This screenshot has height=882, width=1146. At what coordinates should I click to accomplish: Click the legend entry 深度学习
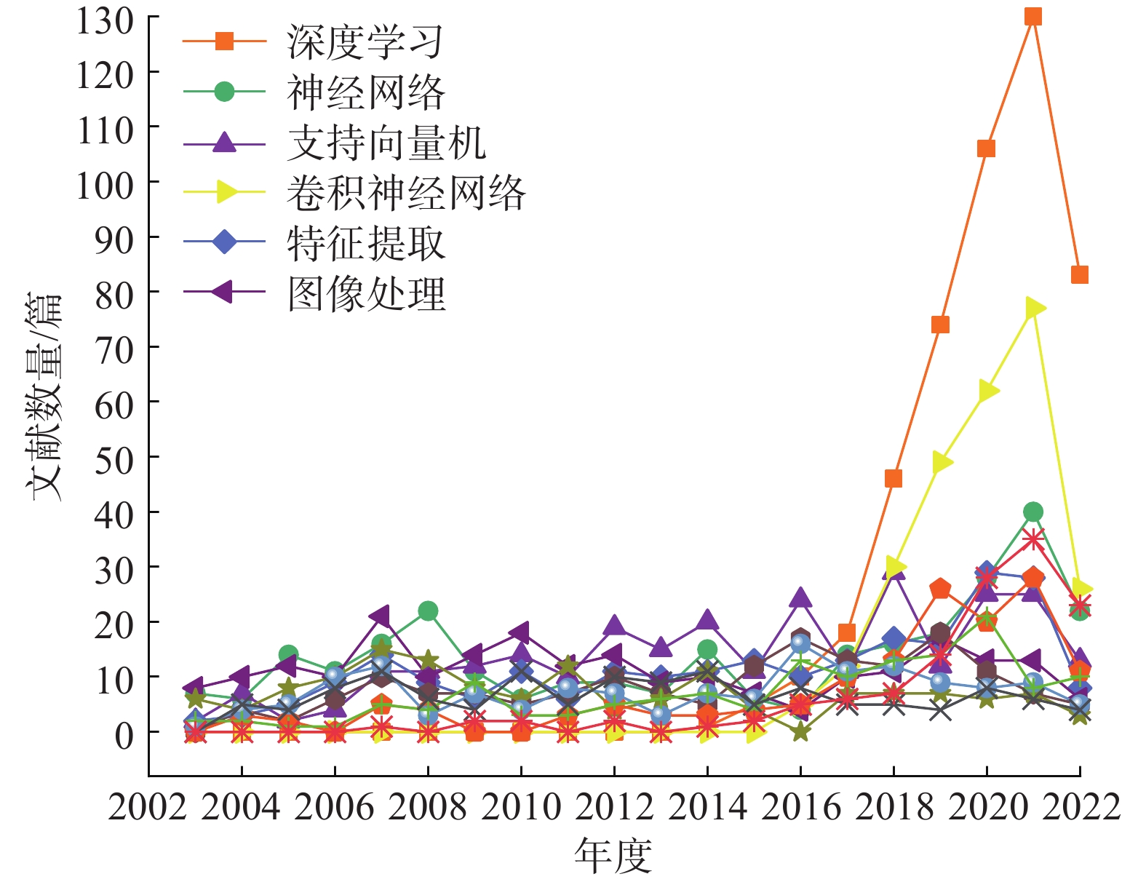tap(364, 41)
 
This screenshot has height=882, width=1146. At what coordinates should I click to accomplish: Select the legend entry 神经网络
tap(365, 92)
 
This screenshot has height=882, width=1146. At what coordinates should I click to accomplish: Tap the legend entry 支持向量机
tap(386, 143)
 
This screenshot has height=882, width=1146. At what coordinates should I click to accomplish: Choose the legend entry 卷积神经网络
tap(405, 193)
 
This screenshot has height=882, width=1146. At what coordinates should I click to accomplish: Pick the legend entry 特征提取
tap(365, 243)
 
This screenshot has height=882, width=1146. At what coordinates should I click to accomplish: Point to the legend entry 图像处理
tap(365, 293)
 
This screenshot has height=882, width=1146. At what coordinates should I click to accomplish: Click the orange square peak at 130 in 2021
tap(1032, 16)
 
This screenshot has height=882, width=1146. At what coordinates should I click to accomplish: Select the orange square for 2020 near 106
tap(986, 148)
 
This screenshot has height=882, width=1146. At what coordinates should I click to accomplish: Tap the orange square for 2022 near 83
tap(1079, 274)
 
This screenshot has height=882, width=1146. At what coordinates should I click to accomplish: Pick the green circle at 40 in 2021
tap(1032, 512)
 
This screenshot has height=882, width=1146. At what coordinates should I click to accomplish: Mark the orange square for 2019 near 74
tap(940, 325)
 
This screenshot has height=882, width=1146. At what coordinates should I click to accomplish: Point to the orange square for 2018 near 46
tap(894, 478)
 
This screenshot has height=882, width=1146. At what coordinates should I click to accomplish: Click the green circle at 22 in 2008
tap(428, 611)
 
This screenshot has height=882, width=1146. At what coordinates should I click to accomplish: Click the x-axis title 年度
tap(613, 855)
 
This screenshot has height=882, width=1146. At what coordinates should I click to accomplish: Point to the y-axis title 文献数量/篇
tap(45, 397)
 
